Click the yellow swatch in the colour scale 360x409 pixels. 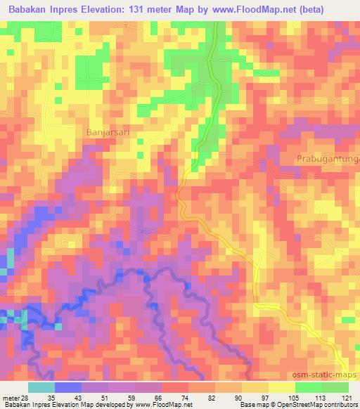[x=282, y=387]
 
